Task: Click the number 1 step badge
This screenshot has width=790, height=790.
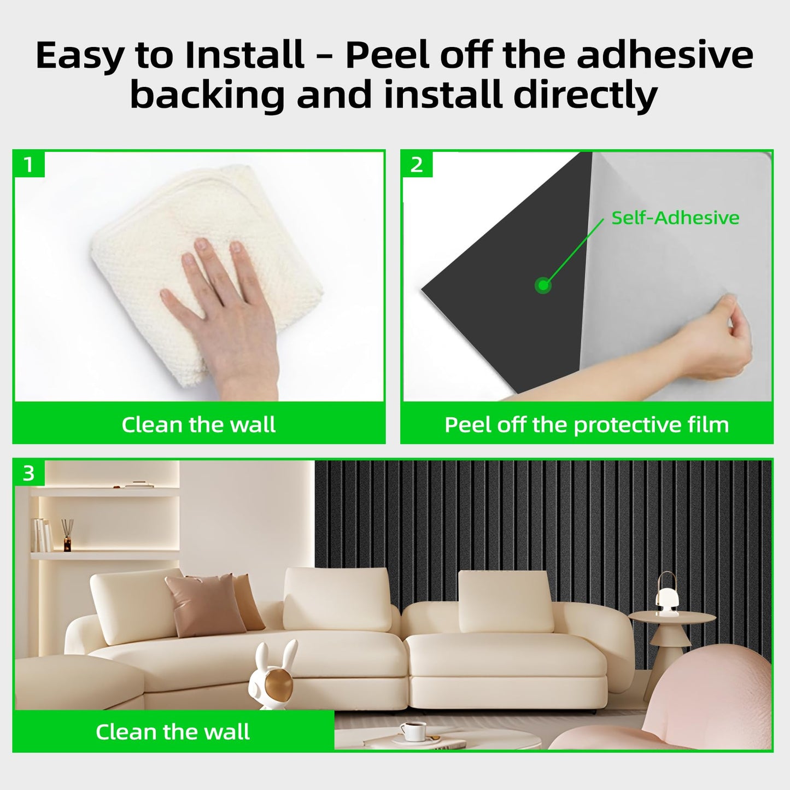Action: (28, 165)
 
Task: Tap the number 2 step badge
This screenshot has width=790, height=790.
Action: (417, 165)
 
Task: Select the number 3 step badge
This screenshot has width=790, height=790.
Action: (28, 473)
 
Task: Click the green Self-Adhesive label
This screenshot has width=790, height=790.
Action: (675, 218)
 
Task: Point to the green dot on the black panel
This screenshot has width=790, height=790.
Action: (543, 285)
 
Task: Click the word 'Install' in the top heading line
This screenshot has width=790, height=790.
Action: (244, 55)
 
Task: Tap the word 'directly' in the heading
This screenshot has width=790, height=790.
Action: (586, 96)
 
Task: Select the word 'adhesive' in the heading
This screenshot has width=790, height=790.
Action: (665, 55)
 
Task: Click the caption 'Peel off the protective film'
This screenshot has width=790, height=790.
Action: (587, 425)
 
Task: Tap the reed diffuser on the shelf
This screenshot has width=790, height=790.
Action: (67, 535)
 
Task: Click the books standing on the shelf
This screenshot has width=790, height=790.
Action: (42, 535)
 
